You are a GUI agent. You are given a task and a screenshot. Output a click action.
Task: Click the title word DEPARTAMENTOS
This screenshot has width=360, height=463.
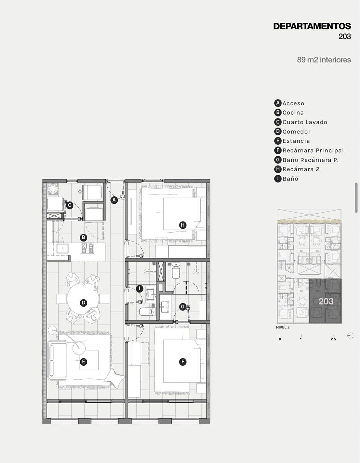point(312,26)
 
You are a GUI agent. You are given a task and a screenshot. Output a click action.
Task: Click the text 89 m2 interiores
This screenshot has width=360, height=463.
point(324,60)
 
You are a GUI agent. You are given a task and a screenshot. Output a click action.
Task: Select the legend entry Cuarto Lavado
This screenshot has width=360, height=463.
point(304,122)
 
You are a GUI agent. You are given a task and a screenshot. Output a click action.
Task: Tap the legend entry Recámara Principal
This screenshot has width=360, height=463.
point(313,150)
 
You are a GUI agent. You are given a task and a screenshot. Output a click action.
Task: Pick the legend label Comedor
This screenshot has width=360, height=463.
point(296,132)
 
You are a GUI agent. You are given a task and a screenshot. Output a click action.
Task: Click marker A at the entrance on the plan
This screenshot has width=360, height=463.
point(114,200)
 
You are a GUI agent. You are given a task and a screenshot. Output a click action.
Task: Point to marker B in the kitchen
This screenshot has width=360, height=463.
point(83,238)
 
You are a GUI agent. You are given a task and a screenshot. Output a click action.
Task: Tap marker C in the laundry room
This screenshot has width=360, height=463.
point(69,206)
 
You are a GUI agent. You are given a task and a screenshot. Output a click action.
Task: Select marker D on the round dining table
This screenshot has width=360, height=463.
point(83,303)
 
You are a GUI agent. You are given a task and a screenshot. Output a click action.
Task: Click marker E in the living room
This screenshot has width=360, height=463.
point(83,362)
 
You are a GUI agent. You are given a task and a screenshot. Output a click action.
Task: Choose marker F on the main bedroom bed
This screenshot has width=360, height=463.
point(183,362)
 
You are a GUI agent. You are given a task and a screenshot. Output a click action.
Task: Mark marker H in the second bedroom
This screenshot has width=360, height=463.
point(183,225)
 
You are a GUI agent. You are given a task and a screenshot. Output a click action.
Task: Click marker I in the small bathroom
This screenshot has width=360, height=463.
point(140,289)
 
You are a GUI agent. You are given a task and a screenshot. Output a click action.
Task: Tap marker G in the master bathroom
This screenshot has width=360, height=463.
point(183,307)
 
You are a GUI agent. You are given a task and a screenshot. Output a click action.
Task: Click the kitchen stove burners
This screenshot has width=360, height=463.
point(87,248)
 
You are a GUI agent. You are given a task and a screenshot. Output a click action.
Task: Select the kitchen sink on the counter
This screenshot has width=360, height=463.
point(63,248)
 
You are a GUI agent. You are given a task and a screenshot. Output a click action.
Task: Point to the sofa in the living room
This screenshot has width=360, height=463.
point(57,360)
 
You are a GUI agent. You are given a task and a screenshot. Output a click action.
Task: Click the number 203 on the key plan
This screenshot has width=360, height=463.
point(326,301)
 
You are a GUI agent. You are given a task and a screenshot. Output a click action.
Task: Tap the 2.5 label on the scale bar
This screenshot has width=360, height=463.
point(333,339)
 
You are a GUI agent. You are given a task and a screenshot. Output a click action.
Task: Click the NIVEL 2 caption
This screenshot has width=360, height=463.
point(283,327)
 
